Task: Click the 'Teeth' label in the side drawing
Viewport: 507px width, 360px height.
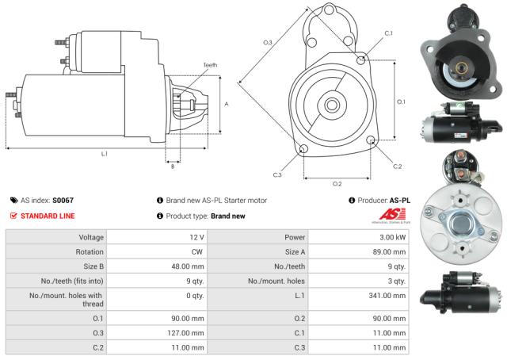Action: [209, 65]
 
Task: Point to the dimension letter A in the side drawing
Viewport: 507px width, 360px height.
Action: [227, 104]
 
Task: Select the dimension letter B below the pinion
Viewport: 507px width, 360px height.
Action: [172, 166]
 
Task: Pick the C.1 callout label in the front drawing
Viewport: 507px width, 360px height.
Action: [388, 33]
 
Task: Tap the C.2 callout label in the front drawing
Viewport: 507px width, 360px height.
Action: [397, 166]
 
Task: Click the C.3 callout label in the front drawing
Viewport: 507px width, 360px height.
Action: [277, 174]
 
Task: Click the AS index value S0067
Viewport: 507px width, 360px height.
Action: [63, 201]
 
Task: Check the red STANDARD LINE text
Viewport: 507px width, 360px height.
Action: [48, 216]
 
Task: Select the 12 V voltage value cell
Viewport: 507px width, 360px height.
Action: [195, 237]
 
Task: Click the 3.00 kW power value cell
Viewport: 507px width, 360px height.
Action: [391, 237]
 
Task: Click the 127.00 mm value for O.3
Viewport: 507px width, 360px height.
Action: [188, 333]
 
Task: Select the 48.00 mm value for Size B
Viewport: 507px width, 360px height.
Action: [189, 266]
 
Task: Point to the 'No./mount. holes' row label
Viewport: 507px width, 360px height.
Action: [273, 281]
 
